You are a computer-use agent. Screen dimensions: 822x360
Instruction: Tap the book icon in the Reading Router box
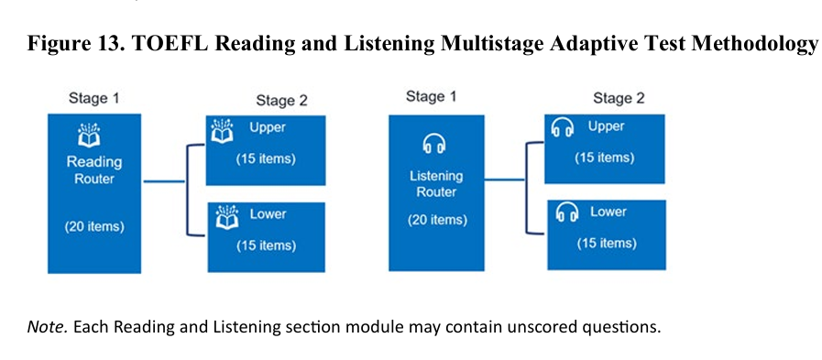(x=89, y=135)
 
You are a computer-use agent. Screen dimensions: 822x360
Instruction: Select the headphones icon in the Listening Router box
(x=434, y=144)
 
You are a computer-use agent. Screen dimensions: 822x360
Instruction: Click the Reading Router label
(x=94, y=170)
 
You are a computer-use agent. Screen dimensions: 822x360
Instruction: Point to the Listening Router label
(x=436, y=184)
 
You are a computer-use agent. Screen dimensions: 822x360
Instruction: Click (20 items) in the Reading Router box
(x=94, y=227)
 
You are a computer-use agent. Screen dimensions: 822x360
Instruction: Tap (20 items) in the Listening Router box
(x=437, y=220)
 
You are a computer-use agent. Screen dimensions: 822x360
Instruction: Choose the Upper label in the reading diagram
(x=268, y=127)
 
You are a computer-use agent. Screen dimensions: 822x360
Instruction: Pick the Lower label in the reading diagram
(x=268, y=213)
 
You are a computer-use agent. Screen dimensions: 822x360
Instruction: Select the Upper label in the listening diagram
(x=606, y=126)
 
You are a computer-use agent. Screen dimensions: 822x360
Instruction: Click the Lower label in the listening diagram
(x=608, y=212)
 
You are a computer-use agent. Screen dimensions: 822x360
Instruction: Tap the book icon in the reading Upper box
(x=222, y=131)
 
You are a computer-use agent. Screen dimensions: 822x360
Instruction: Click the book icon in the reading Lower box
(x=227, y=217)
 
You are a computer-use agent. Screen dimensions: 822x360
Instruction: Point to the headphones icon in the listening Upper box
(x=562, y=128)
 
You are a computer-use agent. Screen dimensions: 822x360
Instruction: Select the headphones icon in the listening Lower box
(x=566, y=213)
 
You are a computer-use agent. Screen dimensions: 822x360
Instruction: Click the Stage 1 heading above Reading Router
(x=94, y=99)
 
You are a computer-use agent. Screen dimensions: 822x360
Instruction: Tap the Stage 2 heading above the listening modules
(x=619, y=98)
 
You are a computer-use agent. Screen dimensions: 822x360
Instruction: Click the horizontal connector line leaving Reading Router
(x=164, y=182)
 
